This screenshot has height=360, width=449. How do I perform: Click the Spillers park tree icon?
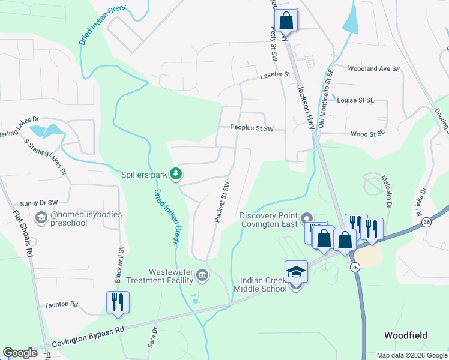tap(176, 174)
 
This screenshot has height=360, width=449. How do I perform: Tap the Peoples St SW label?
tap(252, 128)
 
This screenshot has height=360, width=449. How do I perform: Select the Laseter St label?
tap(275, 75)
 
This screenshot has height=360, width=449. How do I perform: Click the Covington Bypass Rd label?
tap(88, 337)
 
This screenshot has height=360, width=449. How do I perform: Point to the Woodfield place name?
tap(406, 335)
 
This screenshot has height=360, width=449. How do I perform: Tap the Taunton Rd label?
tap(61, 305)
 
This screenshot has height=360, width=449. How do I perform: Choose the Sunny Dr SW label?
tap(38, 203)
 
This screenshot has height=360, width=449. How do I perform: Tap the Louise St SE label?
tap(355, 100)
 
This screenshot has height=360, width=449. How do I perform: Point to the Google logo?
tap(20, 353)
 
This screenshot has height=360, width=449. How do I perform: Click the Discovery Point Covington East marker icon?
tap(306, 218)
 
